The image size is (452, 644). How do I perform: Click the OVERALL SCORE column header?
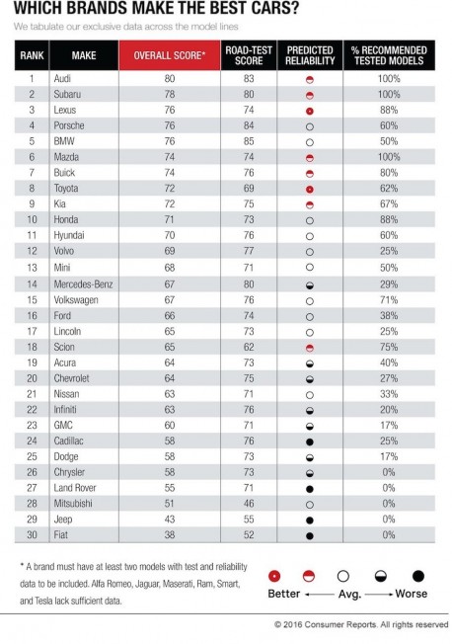click(169, 55)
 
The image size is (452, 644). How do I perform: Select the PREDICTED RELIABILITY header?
click(310, 55)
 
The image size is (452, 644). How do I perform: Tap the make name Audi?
click(62, 78)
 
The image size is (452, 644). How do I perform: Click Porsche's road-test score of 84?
click(249, 125)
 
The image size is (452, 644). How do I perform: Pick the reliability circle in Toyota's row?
click(310, 190)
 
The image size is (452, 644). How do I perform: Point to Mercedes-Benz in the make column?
click(83, 284)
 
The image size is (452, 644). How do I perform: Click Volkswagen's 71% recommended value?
click(389, 300)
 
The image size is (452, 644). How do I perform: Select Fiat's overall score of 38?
click(170, 534)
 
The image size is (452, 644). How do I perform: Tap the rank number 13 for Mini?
click(32, 268)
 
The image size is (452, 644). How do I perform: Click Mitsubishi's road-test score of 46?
click(249, 504)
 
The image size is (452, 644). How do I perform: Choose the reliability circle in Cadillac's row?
click(310, 442)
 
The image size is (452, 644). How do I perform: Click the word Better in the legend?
click(283, 594)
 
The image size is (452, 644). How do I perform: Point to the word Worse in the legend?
click(411, 594)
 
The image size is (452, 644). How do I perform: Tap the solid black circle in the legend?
click(417, 576)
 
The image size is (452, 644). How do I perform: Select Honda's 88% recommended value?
click(389, 219)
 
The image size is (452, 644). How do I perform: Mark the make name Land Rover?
click(75, 488)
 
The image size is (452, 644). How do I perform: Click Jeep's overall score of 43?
click(170, 520)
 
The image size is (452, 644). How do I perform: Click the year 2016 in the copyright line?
click(293, 624)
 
